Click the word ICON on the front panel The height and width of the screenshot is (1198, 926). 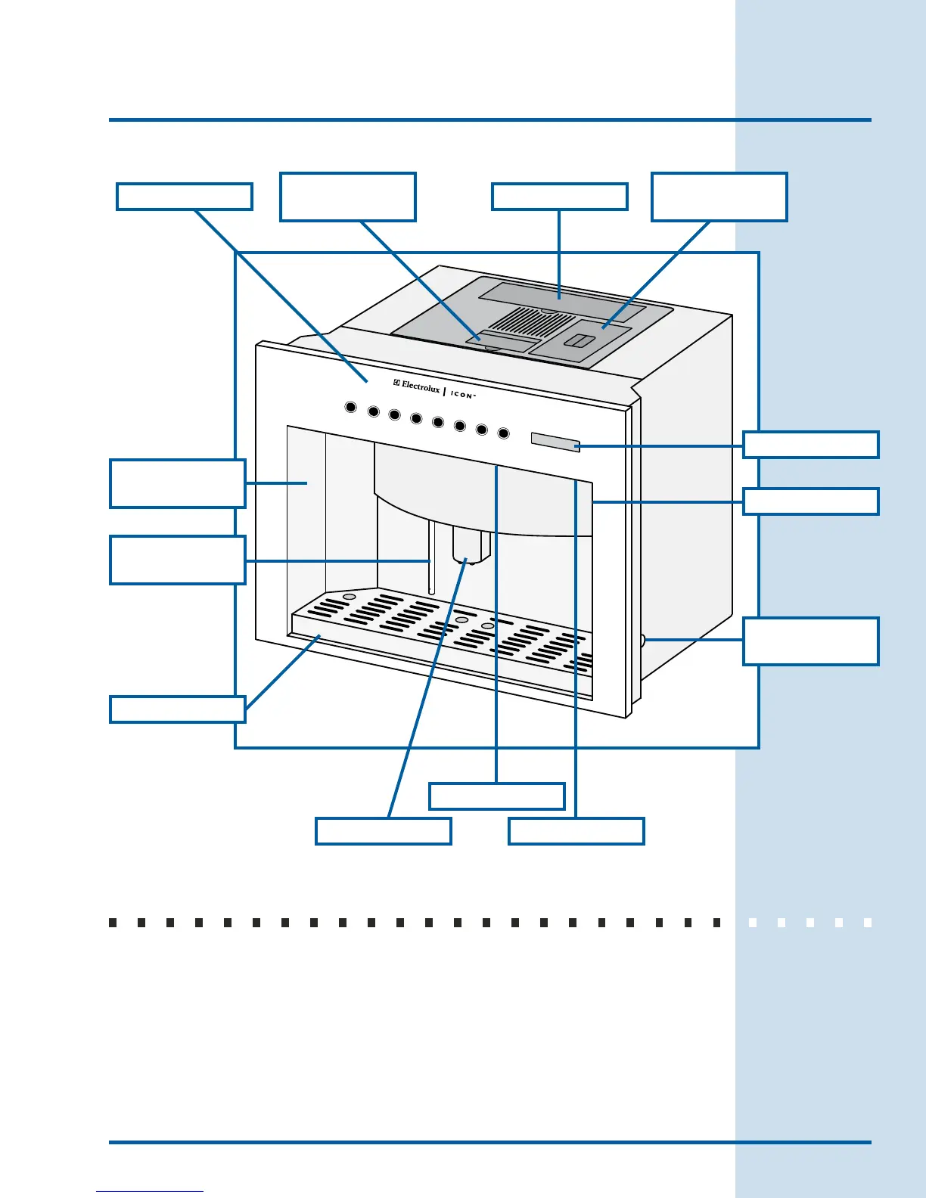462,394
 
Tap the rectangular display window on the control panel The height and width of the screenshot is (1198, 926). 555,442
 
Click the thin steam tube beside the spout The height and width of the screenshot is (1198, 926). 431,557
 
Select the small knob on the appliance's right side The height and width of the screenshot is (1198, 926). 642,641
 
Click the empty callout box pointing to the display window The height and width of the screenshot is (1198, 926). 810,445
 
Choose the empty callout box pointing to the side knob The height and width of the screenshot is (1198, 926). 810,641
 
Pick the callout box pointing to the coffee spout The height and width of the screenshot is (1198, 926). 383,831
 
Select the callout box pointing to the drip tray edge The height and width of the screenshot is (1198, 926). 177,709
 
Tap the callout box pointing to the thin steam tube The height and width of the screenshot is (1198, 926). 177,560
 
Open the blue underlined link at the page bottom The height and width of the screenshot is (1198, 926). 150,1191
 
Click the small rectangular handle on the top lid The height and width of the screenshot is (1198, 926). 580,341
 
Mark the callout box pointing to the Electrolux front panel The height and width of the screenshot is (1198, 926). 184,197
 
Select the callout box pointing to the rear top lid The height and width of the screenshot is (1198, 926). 559,197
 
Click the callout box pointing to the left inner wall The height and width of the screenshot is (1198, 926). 177,483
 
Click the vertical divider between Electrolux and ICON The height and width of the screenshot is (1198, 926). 445,391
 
